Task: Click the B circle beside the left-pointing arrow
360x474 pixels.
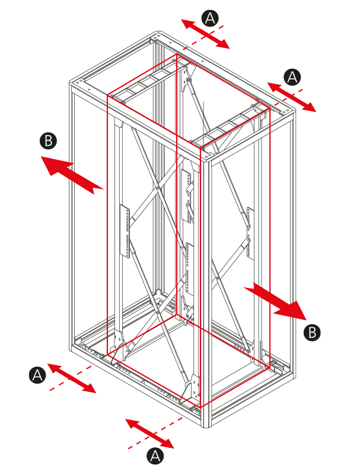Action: tap(49, 140)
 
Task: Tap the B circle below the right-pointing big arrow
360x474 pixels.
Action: tap(312, 332)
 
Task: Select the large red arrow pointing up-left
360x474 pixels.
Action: tap(72, 175)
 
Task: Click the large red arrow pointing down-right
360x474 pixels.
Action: tap(275, 302)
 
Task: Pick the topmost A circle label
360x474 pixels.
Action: tap(210, 18)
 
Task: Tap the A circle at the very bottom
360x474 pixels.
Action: tap(155, 456)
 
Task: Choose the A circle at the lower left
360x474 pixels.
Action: tap(37, 375)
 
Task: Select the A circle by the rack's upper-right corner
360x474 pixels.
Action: tap(292, 77)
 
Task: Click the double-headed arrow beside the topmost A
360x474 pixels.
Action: tap(205, 34)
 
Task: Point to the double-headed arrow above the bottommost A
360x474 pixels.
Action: tap(149, 434)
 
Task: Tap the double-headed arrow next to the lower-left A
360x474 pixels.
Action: tap(72, 378)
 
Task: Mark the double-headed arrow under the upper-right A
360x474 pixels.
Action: tap(292, 97)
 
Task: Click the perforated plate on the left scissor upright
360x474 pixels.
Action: tap(125, 231)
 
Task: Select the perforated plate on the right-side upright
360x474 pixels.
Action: tap(250, 233)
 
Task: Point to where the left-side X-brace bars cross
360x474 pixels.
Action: tap(158, 190)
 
